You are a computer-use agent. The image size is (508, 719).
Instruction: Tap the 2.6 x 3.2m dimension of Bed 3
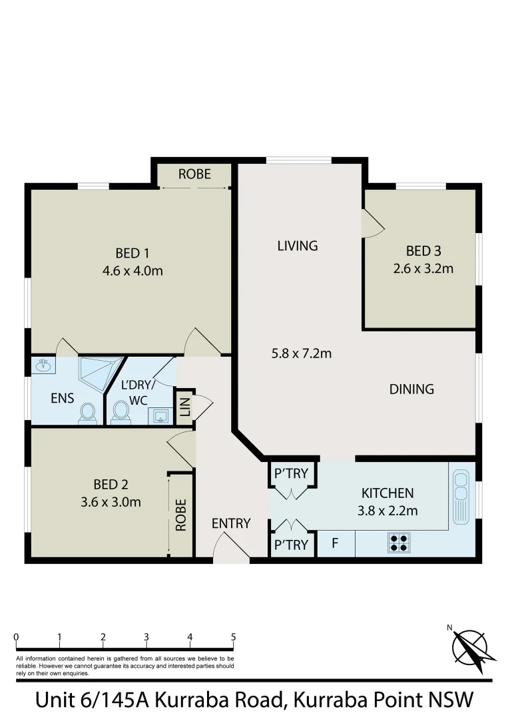(x=423, y=268)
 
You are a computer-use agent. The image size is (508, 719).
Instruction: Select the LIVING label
(x=297, y=246)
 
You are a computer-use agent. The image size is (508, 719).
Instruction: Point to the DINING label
(x=411, y=389)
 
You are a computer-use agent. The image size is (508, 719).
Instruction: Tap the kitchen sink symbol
(x=461, y=496)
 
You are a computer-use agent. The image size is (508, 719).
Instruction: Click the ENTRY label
(x=231, y=523)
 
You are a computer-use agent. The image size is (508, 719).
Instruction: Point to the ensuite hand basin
(x=44, y=365)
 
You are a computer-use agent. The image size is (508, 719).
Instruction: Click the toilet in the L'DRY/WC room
(x=121, y=411)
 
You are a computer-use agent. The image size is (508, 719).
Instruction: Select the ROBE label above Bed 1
(x=194, y=174)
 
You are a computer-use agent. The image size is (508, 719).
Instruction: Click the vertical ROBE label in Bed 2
(x=180, y=515)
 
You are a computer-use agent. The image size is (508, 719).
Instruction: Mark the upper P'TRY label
(x=291, y=473)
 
